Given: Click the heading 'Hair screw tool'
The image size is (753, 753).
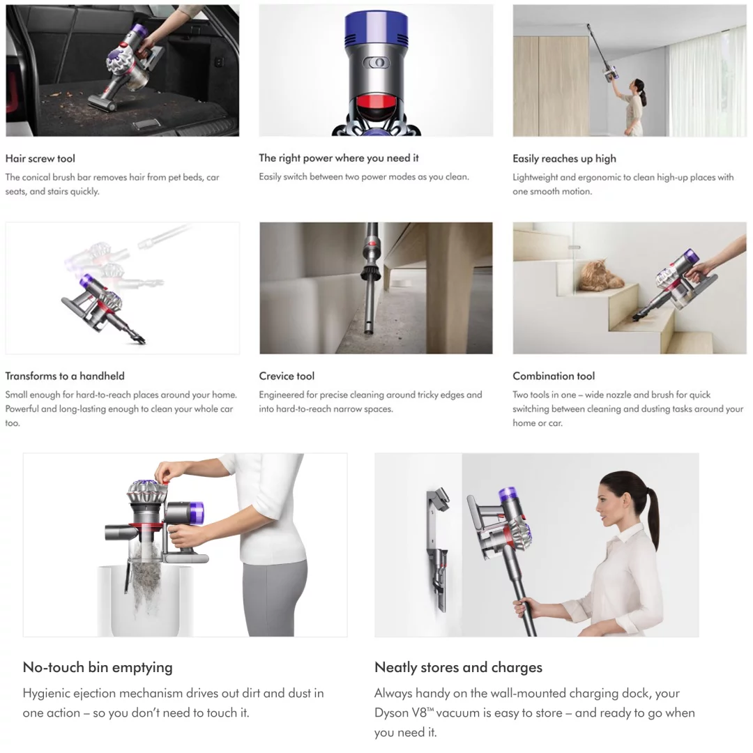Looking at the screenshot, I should (40, 158).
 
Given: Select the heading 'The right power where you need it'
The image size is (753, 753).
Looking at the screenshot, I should (339, 158).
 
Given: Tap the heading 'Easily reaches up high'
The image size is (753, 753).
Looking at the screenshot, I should (564, 158).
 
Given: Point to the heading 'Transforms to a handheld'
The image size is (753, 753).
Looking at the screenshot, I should (65, 376).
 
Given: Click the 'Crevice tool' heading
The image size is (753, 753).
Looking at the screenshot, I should (287, 376).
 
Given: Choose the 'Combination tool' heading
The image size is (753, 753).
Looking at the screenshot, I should (554, 376).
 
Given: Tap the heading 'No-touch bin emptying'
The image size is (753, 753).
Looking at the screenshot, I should (98, 667).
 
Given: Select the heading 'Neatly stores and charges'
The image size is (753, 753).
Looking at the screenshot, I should (458, 667).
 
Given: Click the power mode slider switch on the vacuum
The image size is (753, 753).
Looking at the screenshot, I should (376, 63).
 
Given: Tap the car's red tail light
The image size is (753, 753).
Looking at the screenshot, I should (15, 91).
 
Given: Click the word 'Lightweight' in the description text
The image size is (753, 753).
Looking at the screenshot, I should (535, 177).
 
